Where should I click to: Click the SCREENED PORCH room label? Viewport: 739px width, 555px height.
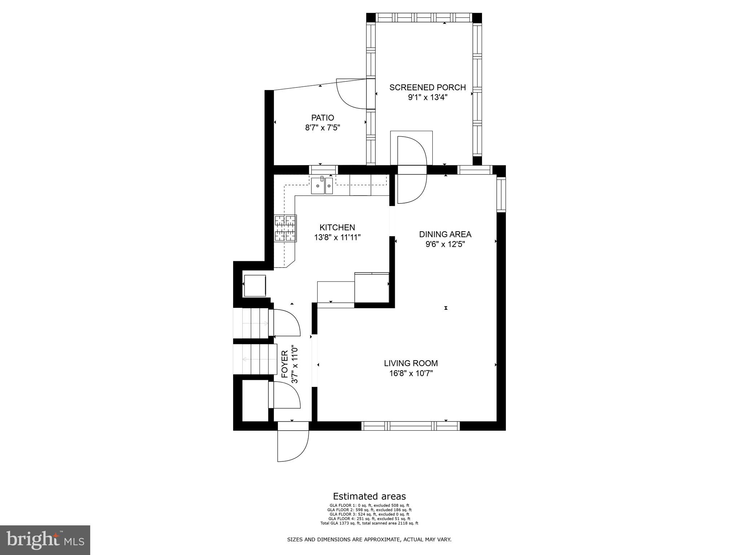[x=428, y=87]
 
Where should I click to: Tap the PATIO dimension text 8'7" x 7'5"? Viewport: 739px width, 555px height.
[x=323, y=128]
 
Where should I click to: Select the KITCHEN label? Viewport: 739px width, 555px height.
[x=337, y=227]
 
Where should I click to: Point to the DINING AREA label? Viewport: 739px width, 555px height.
[x=445, y=234]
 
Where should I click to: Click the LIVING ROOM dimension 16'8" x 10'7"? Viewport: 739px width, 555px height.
[x=411, y=373]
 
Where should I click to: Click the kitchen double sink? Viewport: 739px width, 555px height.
[x=322, y=186]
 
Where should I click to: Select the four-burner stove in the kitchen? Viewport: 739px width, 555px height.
[x=285, y=228]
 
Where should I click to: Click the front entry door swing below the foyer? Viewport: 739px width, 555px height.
[x=293, y=446]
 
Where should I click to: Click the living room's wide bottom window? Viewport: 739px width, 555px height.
[x=411, y=426]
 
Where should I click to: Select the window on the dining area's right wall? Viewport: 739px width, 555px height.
[x=501, y=194]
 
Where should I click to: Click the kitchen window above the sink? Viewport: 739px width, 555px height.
[x=323, y=170]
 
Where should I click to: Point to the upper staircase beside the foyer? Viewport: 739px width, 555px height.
[x=250, y=323]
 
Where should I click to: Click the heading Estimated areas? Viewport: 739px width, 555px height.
[x=369, y=496]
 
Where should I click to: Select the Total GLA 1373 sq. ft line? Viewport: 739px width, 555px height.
[x=369, y=523]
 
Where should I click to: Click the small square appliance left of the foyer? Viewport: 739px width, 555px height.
[x=255, y=286]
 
